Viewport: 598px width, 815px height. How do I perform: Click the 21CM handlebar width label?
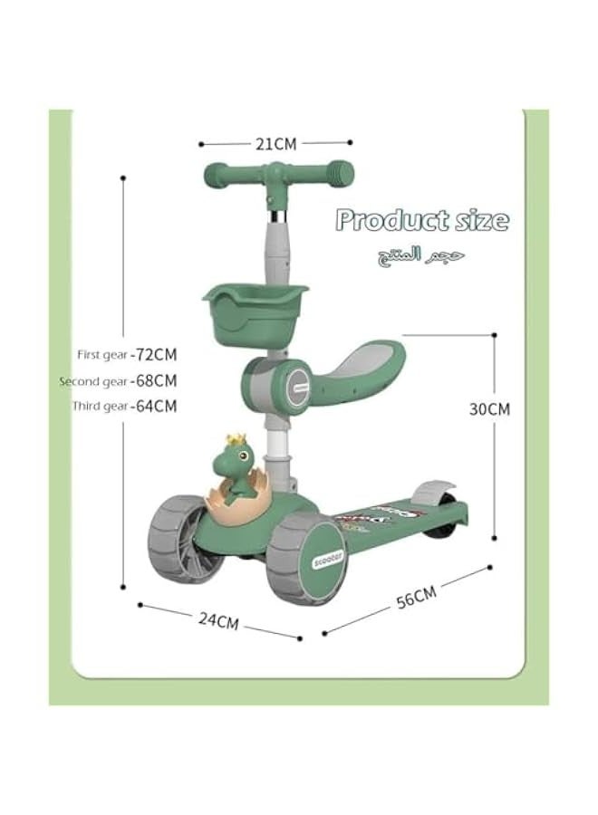tap(275, 143)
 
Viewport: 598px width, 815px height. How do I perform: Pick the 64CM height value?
tap(155, 407)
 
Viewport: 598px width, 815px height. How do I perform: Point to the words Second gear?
tap(94, 381)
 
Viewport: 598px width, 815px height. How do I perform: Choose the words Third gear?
tap(101, 407)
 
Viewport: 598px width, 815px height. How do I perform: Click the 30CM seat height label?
tap(489, 408)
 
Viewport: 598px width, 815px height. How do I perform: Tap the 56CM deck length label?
tap(416, 598)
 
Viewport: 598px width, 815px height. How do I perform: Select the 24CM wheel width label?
tap(218, 621)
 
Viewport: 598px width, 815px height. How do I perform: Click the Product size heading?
tap(422, 220)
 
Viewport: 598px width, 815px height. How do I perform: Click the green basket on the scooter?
tap(237, 309)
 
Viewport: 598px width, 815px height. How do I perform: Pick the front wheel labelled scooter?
tap(304, 560)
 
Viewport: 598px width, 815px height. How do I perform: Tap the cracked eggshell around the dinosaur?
tap(237, 503)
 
